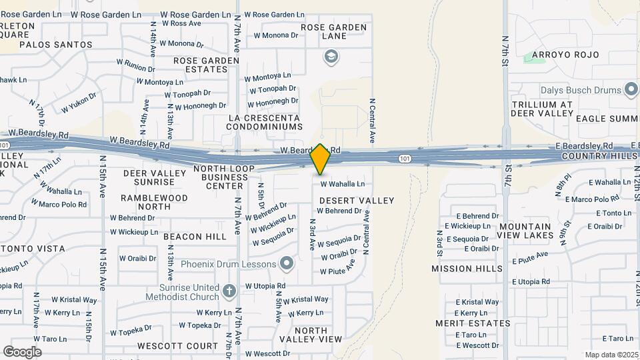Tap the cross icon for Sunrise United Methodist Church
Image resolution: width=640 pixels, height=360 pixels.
pos(229,291)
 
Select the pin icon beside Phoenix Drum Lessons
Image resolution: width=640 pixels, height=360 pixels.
pos(287,265)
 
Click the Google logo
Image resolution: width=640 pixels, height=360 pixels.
pos(22,351)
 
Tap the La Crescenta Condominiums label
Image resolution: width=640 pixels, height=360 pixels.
pos(265,122)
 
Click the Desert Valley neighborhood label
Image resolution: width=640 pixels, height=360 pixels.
pos(357,200)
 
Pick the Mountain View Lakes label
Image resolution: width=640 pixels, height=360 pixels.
pos(526,231)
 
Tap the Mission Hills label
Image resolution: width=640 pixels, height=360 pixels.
pos(467,269)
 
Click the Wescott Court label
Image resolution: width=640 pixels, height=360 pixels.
pos(177,346)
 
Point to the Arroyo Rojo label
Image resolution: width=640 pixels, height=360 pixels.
pos(565,55)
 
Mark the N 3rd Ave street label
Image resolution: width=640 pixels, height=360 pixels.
pos(311,233)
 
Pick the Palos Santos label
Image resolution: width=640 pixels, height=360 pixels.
pos(55,45)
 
